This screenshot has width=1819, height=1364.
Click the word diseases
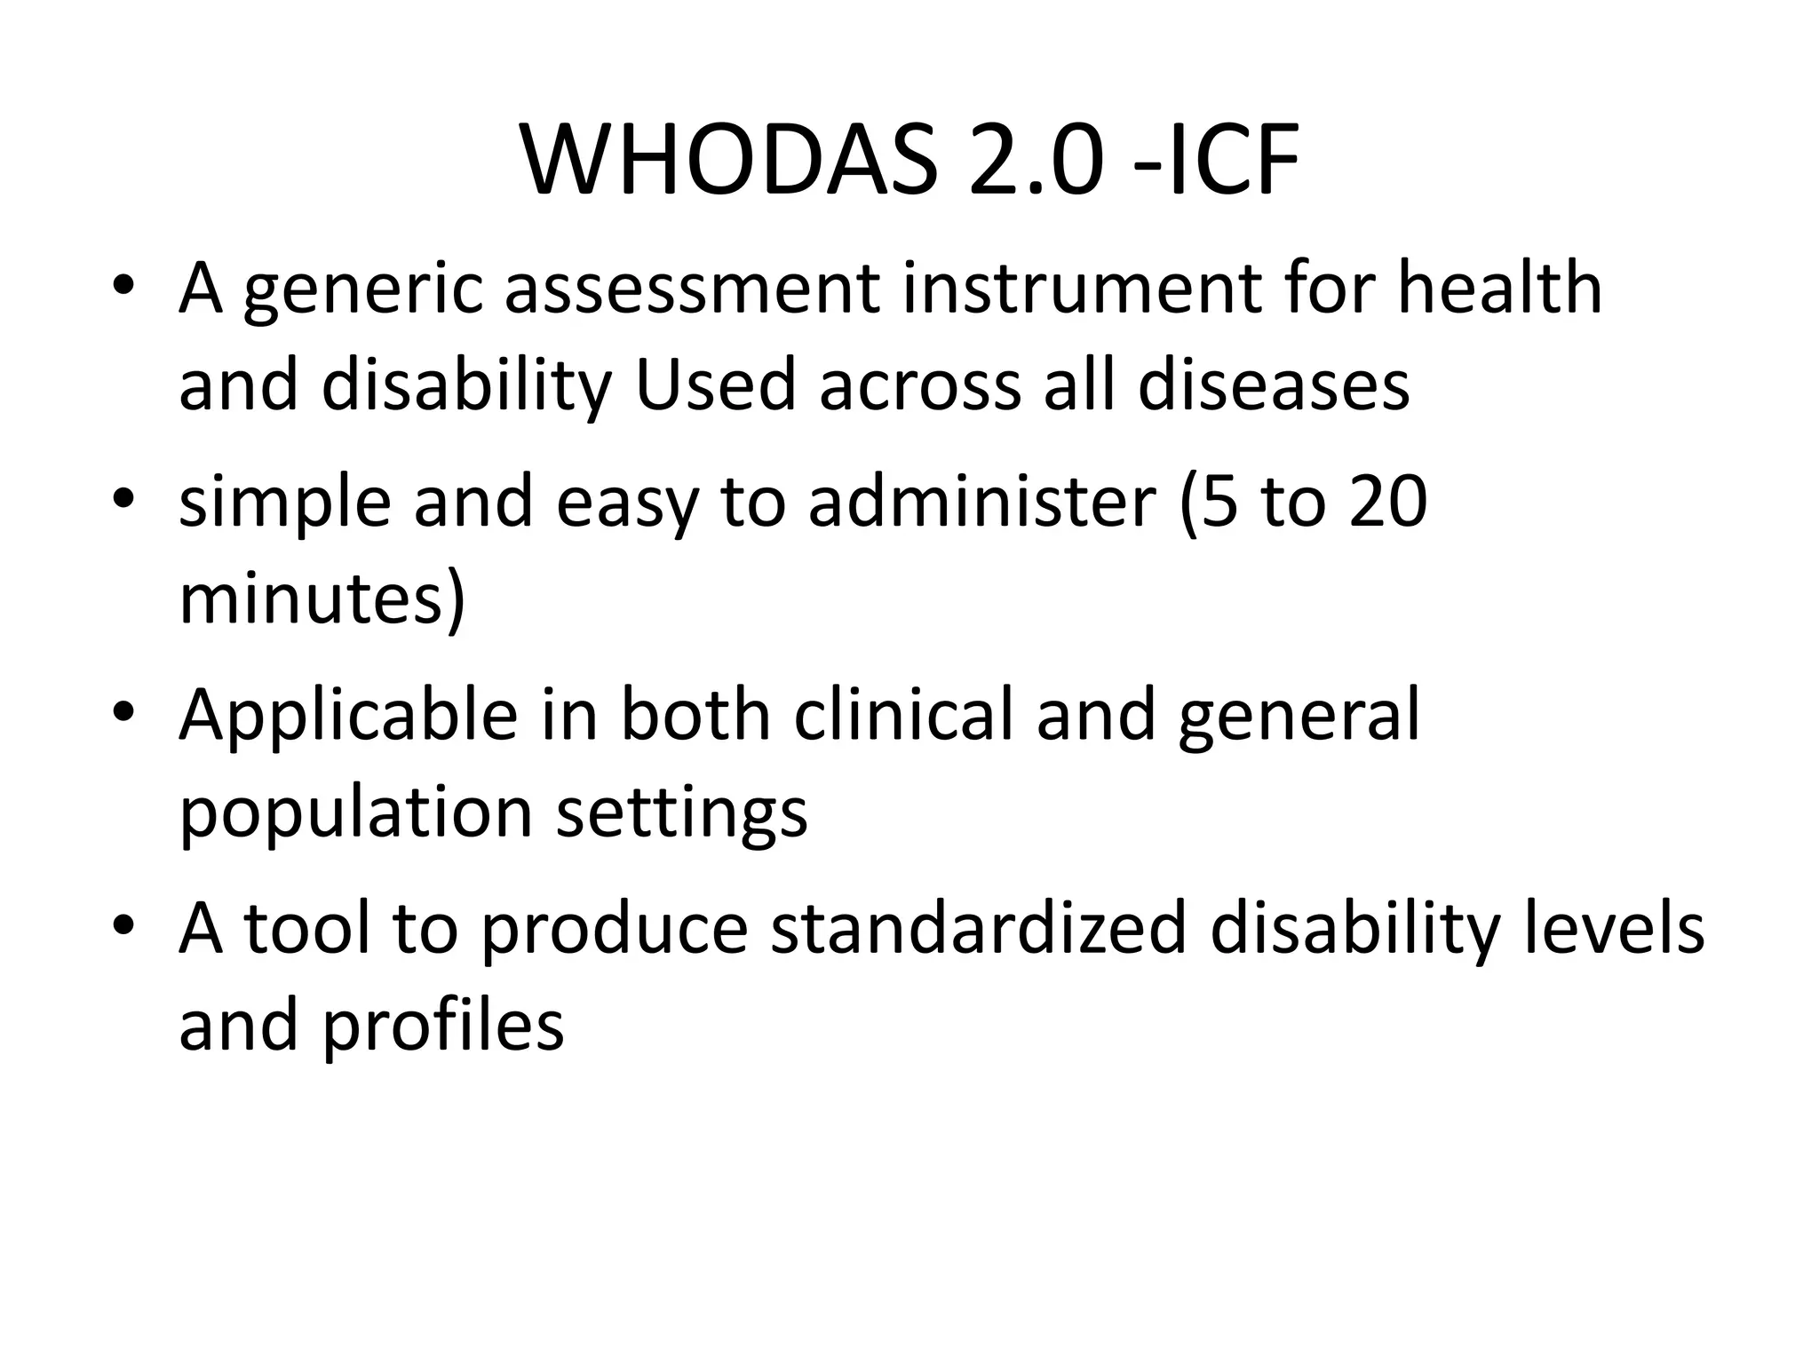1274,385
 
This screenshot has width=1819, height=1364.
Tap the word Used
715,385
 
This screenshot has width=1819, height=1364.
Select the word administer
982,502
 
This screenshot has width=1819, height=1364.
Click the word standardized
978,929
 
